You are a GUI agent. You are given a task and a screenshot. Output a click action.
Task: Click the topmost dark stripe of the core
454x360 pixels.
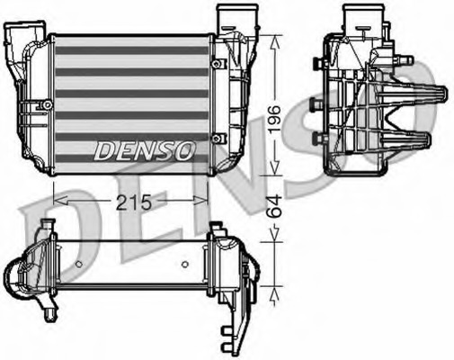(132, 51)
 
